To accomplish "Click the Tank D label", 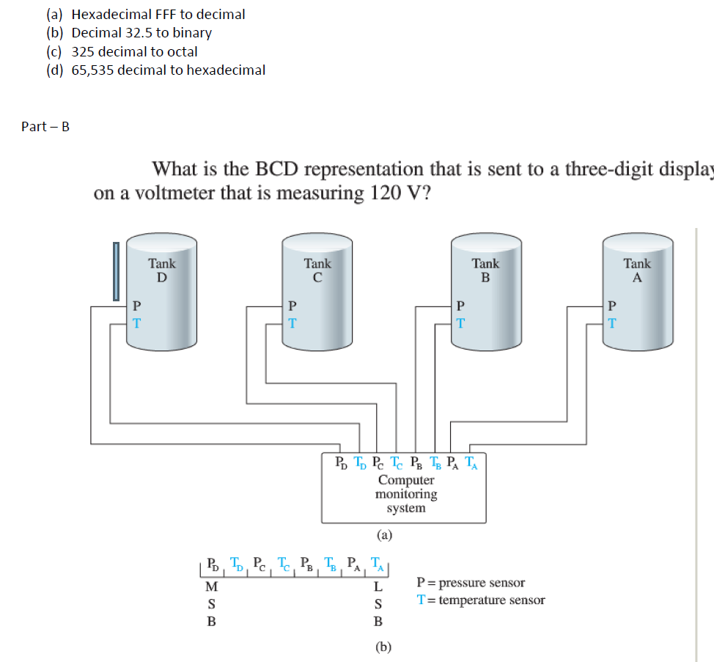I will pyautogui.click(x=162, y=270).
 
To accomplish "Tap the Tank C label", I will pyautogui.click(x=317, y=270).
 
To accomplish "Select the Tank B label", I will pyautogui.click(x=485, y=270).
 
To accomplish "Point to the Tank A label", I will pyautogui.click(x=637, y=270).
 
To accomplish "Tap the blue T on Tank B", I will pyautogui.click(x=460, y=322).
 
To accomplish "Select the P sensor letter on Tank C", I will pyautogui.click(x=292, y=305).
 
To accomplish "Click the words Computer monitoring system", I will pyautogui.click(x=406, y=494).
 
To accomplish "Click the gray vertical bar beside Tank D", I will pyautogui.click(x=115, y=272).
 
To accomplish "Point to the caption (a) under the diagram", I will pyautogui.click(x=384, y=535).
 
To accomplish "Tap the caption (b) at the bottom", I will pyautogui.click(x=383, y=647).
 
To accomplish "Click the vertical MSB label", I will pyautogui.click(x=211, y=604).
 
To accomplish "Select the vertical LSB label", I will pyautogui.click(x=378, y=604).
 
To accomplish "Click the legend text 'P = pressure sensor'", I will pyautogui.click(x=470, y=583).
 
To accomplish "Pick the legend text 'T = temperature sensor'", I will pyautogui.click(x=480, y=600).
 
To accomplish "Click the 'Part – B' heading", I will pyautogui.click(x=45, y=126).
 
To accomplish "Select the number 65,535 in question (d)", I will pyautogui.click(x=92, y=70).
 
